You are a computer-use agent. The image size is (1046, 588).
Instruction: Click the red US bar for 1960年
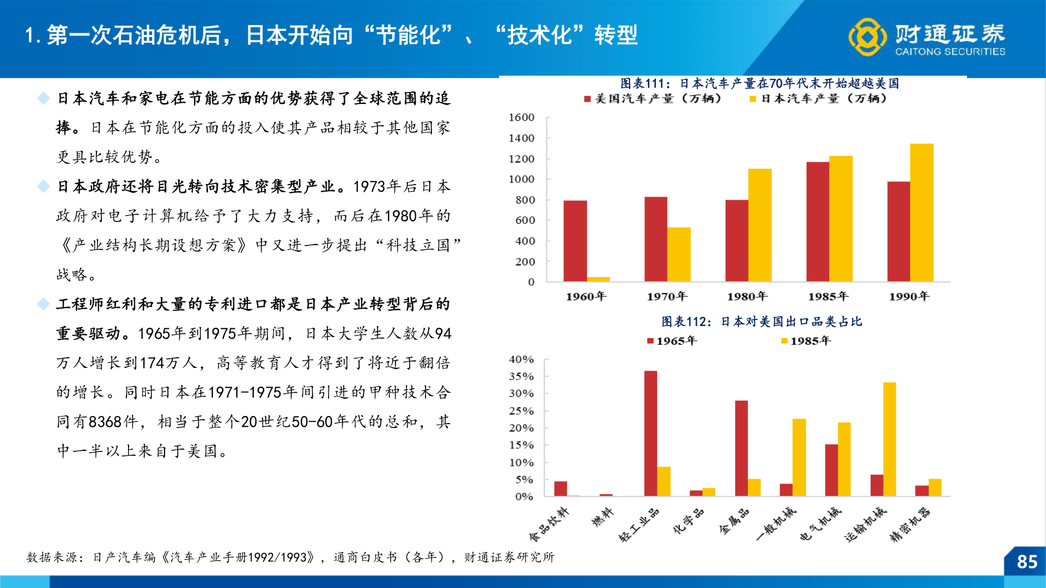(575, 241)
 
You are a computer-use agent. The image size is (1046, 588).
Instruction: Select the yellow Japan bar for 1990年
(922, 213)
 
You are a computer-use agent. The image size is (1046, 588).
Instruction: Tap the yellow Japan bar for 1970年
(679, 254)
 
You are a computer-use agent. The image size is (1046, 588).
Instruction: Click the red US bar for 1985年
(818, 222)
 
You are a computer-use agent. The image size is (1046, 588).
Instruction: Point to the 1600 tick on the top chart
(521, 118)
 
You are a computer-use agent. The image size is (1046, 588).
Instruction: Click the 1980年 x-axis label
(747, 296)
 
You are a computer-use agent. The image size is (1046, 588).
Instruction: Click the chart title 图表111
(759, 83)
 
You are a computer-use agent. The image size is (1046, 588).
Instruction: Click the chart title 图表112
(762, 322)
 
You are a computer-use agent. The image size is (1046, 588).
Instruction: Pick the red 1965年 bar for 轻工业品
(650, 433)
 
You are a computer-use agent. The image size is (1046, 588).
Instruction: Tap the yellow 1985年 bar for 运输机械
(890, 439)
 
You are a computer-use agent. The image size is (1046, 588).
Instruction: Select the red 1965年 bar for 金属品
(741, 448)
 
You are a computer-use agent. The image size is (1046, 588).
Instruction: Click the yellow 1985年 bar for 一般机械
(799, 457)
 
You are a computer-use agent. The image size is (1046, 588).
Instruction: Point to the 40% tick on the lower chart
(521, 360)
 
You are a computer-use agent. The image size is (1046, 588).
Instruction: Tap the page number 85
(1027, 562)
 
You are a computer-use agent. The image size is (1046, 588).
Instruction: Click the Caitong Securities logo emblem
(867, 37)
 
